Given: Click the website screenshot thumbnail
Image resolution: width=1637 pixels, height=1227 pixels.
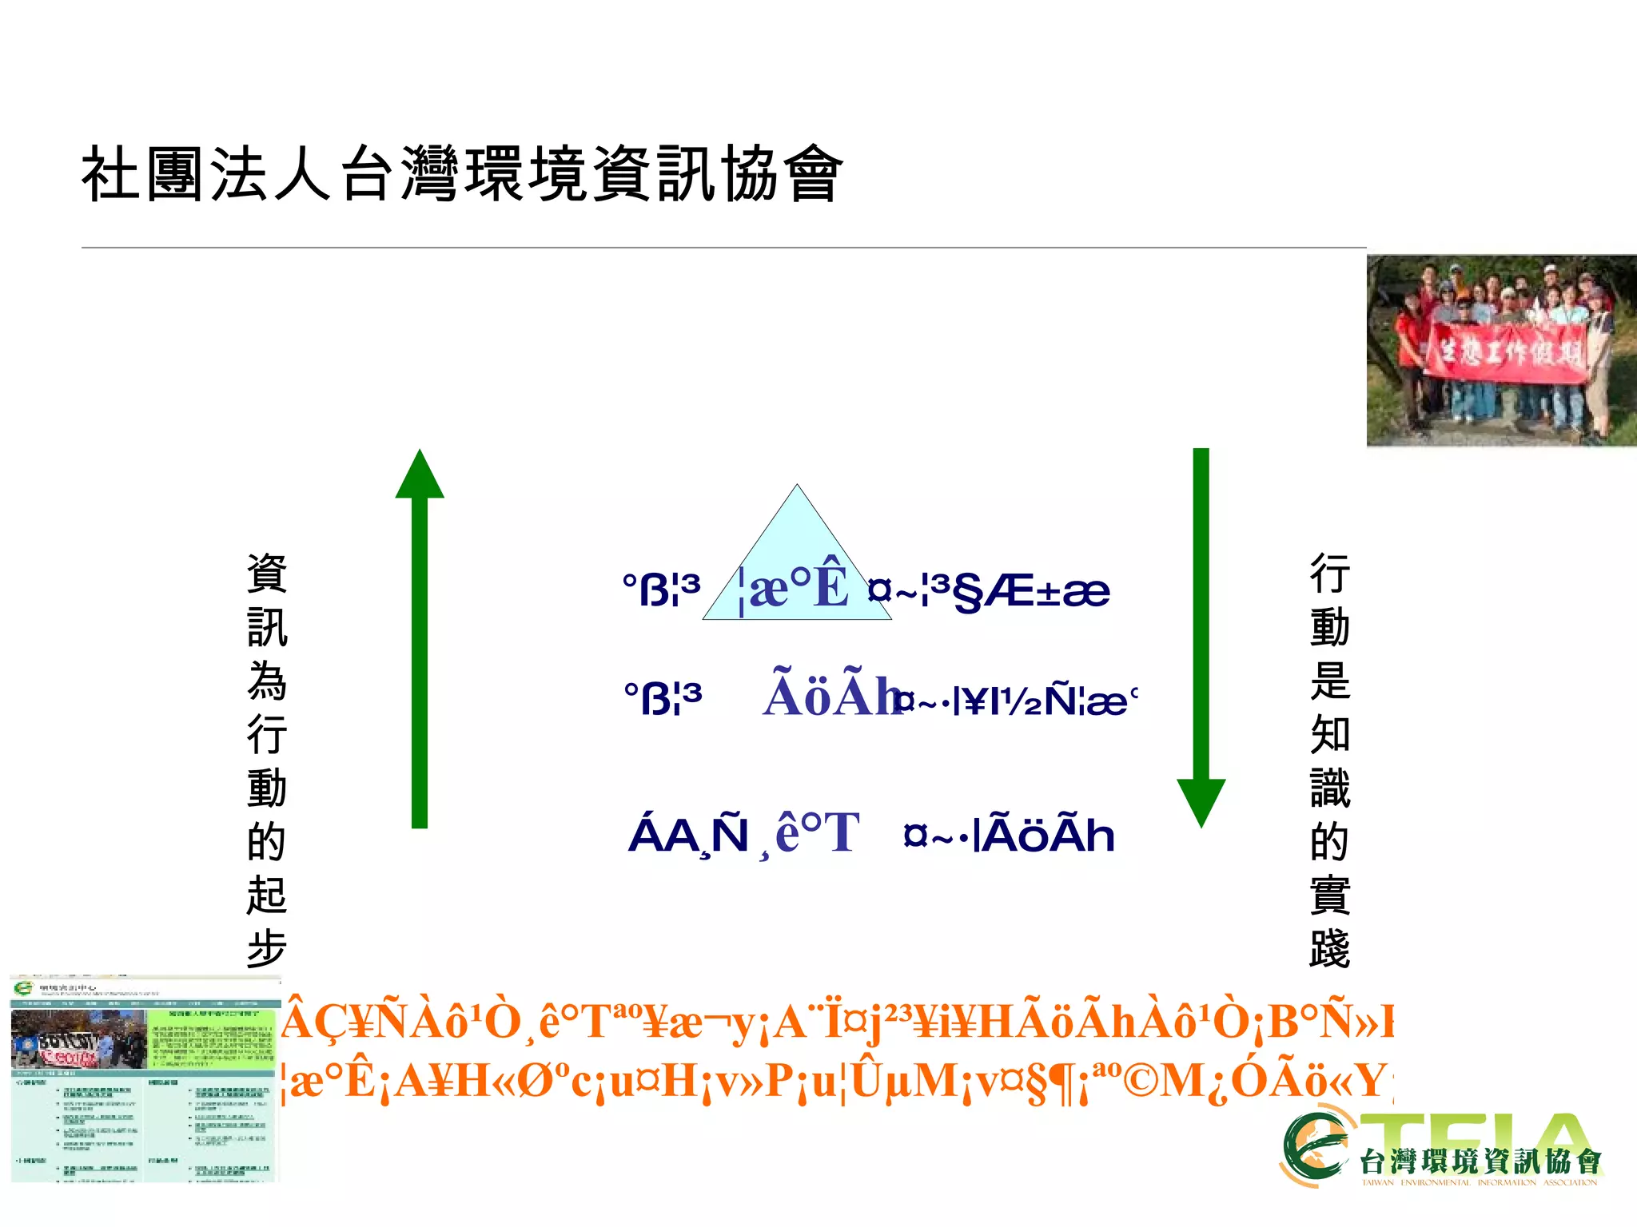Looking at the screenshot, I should (x=145, y=1078).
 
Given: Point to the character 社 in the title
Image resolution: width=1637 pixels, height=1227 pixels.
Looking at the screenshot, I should (x=111, y=174).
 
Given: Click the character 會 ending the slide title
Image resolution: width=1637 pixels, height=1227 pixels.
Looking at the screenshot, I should (x=813, y=174).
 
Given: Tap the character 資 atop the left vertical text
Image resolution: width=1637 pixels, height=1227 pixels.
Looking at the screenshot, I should (x=267, y=574).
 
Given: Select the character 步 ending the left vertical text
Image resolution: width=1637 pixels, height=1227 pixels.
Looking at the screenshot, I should (x=267, y=948).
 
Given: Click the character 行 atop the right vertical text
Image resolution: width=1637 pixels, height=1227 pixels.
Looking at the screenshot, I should (x=1330, y=574).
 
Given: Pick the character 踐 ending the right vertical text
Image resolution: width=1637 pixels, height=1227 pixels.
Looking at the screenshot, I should (x=1330, y=948).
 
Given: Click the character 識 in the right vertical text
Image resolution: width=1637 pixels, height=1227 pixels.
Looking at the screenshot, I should (x=1330, y=788).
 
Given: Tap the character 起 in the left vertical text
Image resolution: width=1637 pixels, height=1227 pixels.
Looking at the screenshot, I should (x=267, y=895).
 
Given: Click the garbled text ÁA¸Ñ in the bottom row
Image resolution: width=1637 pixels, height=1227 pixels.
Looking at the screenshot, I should (x=688, y=836).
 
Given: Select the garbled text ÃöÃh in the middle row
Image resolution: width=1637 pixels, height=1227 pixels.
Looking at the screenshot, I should (x=831, y=695).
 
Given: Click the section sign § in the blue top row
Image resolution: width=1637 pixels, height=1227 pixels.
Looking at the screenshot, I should (x=967, y=593).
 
